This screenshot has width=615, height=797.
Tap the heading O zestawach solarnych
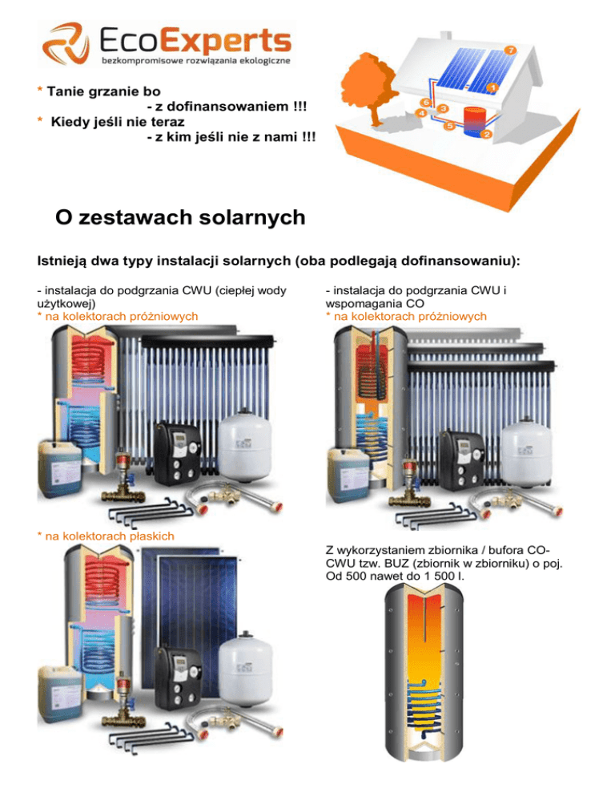tap(180, 217)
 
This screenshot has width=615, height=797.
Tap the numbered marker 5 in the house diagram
tap(449, 127)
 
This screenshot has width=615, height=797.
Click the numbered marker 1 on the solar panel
tap(493, 86)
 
